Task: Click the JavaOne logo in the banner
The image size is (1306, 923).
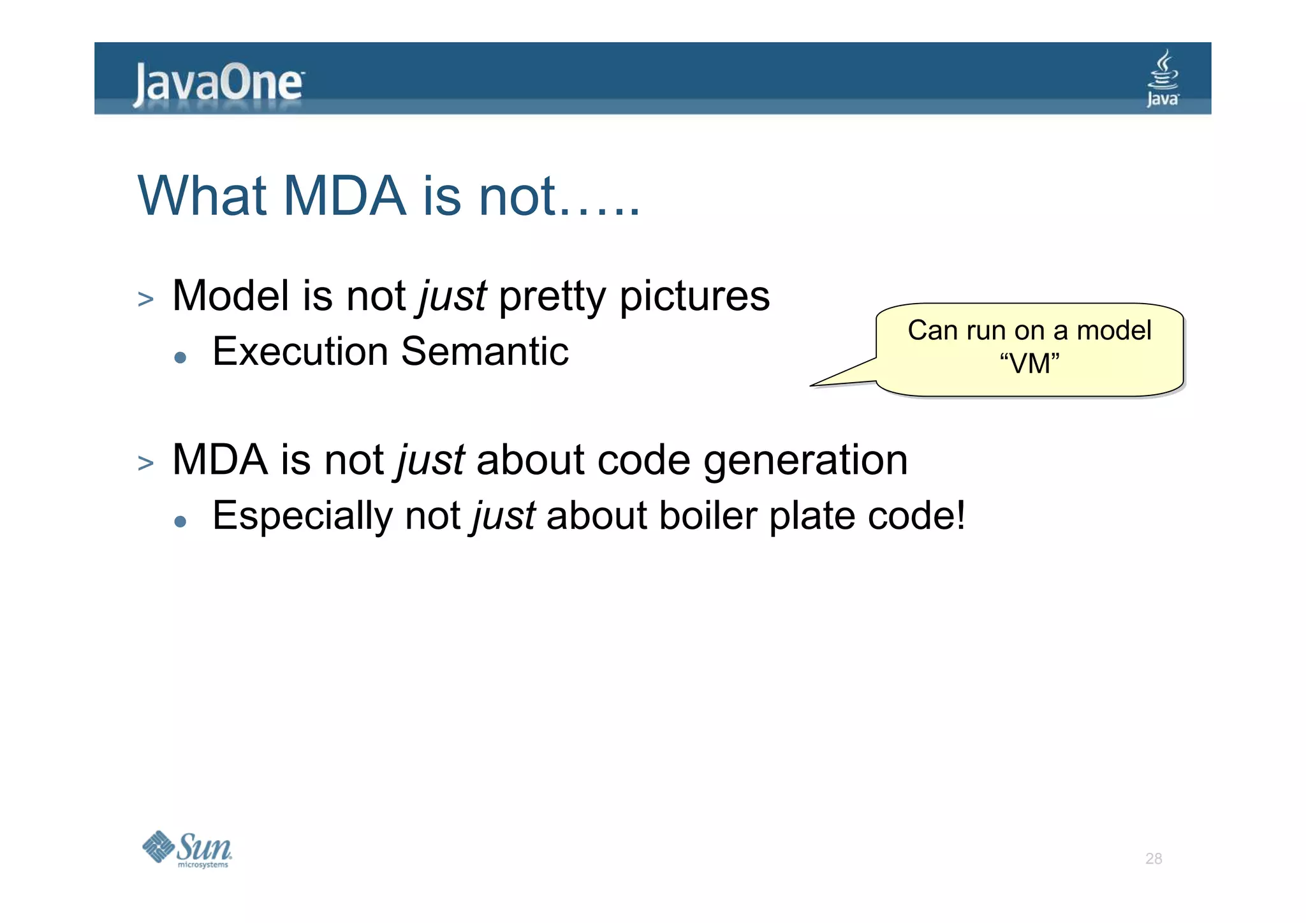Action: point(218,83)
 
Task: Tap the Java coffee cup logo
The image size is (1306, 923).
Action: point(1163,79)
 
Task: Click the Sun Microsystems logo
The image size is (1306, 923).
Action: point(187,849)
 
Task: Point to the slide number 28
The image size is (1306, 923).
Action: point(1153,859)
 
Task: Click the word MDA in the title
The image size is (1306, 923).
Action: point(344,196)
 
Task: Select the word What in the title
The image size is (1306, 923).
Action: point(202,196)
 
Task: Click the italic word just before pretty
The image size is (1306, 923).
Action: point(452,297)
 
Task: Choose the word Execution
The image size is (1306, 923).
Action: point(300,351)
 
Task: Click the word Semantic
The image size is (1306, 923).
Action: point(485,351)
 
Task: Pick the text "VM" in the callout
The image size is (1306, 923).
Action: point(1029,364)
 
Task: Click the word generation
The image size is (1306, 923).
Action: point(805,461)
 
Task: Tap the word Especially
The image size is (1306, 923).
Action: point(302,516)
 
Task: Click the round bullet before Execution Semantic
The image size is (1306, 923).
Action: point(180,358)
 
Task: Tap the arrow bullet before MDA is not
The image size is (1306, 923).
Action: point(145,463)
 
